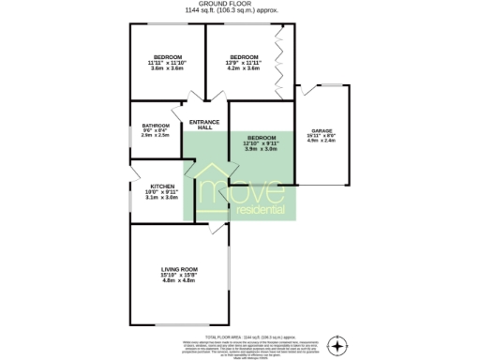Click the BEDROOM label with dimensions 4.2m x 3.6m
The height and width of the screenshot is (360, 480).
[244, 57]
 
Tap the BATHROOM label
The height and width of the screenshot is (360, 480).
[156, 126]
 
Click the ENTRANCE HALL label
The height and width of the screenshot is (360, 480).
[204, 125]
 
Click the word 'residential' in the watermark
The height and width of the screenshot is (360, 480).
[262, 209]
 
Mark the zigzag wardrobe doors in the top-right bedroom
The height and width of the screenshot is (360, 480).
[278, 67]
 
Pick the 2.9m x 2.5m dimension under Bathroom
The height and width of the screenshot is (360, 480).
[156, 137]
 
